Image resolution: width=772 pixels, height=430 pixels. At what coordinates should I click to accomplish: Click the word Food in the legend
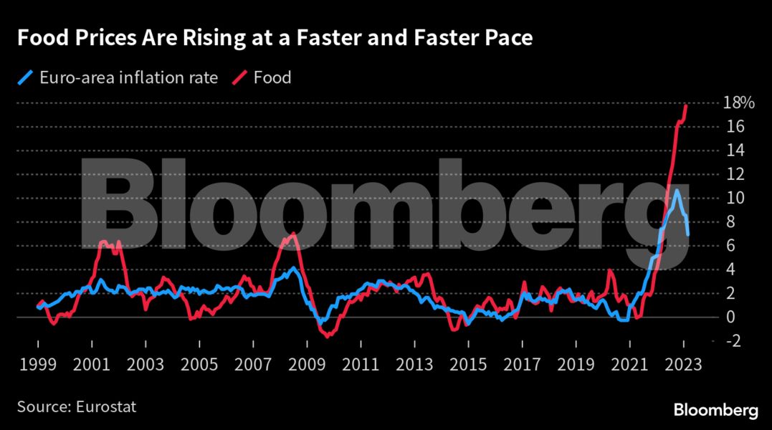tap(272, 77)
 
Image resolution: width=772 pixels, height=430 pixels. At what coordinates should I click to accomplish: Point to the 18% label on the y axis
tap(738, 103)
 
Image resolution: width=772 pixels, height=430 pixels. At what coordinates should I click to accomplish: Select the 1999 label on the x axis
tap(37, 363)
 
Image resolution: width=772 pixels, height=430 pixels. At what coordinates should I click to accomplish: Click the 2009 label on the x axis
tap(307, 363)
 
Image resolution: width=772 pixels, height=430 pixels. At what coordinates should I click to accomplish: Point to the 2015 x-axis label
tap(469, 363)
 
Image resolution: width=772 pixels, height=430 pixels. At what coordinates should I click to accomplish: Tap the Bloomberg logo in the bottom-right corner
tap(715, 410)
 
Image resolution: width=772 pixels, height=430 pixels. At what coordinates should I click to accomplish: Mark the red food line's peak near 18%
tap(686, 105)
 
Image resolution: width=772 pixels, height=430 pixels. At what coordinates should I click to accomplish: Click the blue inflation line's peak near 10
tap(675, 191)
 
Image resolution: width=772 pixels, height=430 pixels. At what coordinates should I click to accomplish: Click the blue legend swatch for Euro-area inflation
tap(24, 77)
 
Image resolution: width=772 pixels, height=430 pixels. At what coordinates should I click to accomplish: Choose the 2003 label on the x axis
tap(145, 363)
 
